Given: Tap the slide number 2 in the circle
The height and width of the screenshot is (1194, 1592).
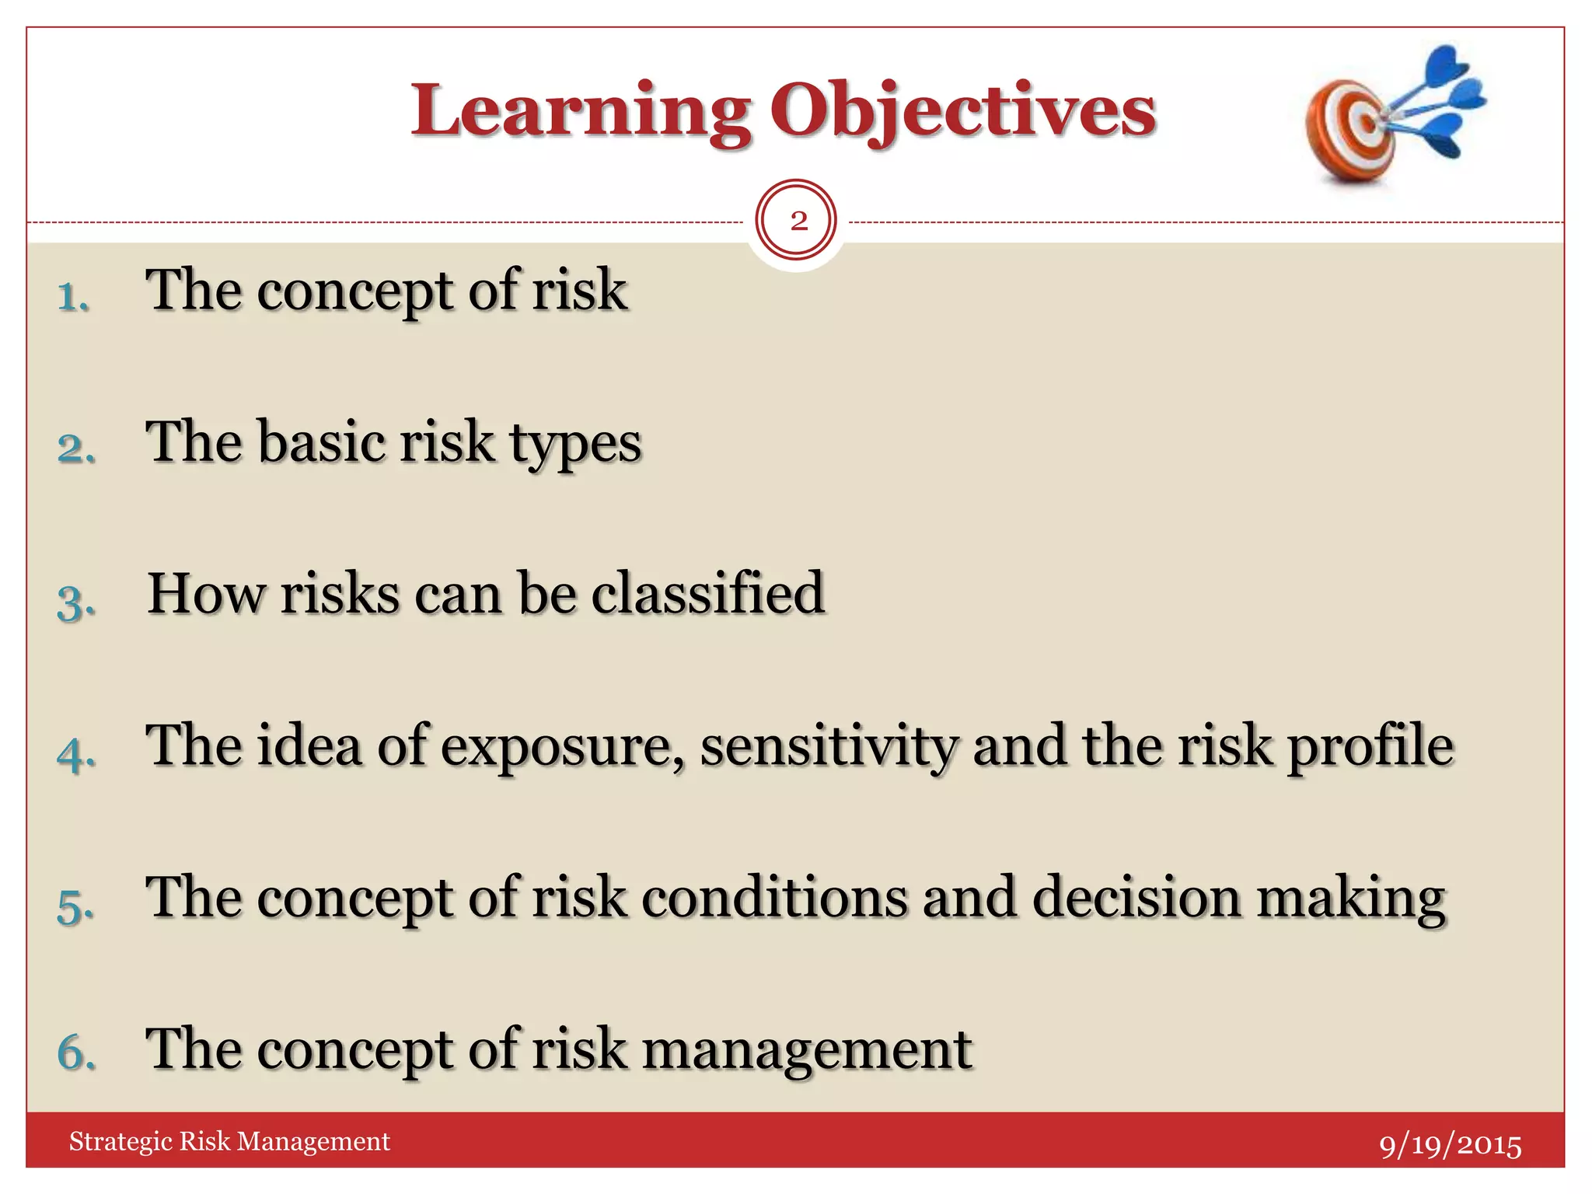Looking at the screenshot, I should pos(798,222).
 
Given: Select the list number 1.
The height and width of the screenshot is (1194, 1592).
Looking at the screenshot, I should pos(73,297).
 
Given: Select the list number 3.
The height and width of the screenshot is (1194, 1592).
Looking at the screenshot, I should pos(75,602).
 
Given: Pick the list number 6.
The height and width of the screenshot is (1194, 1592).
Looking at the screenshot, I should pos(76,1053).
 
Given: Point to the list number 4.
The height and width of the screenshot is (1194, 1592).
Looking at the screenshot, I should pos(76,754).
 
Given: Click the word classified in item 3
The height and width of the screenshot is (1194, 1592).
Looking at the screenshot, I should pos(707,593).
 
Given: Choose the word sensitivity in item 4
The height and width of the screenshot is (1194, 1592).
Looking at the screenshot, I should pos(829,746).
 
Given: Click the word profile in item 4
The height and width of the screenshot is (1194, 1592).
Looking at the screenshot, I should pos(1370,746).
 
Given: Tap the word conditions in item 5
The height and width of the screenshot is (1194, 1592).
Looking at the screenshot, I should pos(774,897).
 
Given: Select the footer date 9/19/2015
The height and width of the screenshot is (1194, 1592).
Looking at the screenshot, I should pos(1450,1145).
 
